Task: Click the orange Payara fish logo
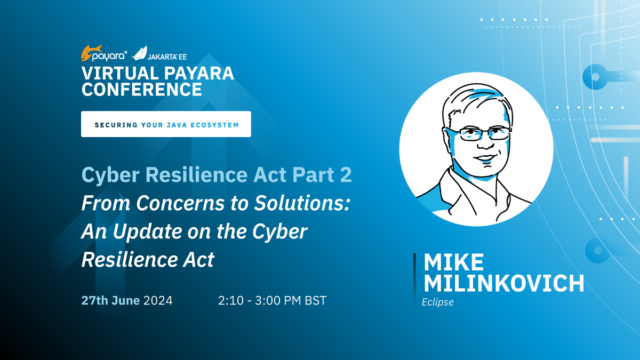(x=91, y=53)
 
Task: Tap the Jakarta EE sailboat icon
(x=139, y=53)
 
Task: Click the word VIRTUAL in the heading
(x=121, y=73)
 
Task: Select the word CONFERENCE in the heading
(x=142, y=89)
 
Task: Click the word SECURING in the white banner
(x=116, y=125)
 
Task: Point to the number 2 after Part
(x=346, y=174)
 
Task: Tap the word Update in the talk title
(x=148, y=232)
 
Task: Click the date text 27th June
(x=110, y=301)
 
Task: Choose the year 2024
(x=158, y=301)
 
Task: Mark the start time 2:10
(x=231, y=301)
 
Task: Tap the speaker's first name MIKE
(x=453, y=262)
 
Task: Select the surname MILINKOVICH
(x=504, y=283)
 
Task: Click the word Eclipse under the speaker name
(x=437, y=302)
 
